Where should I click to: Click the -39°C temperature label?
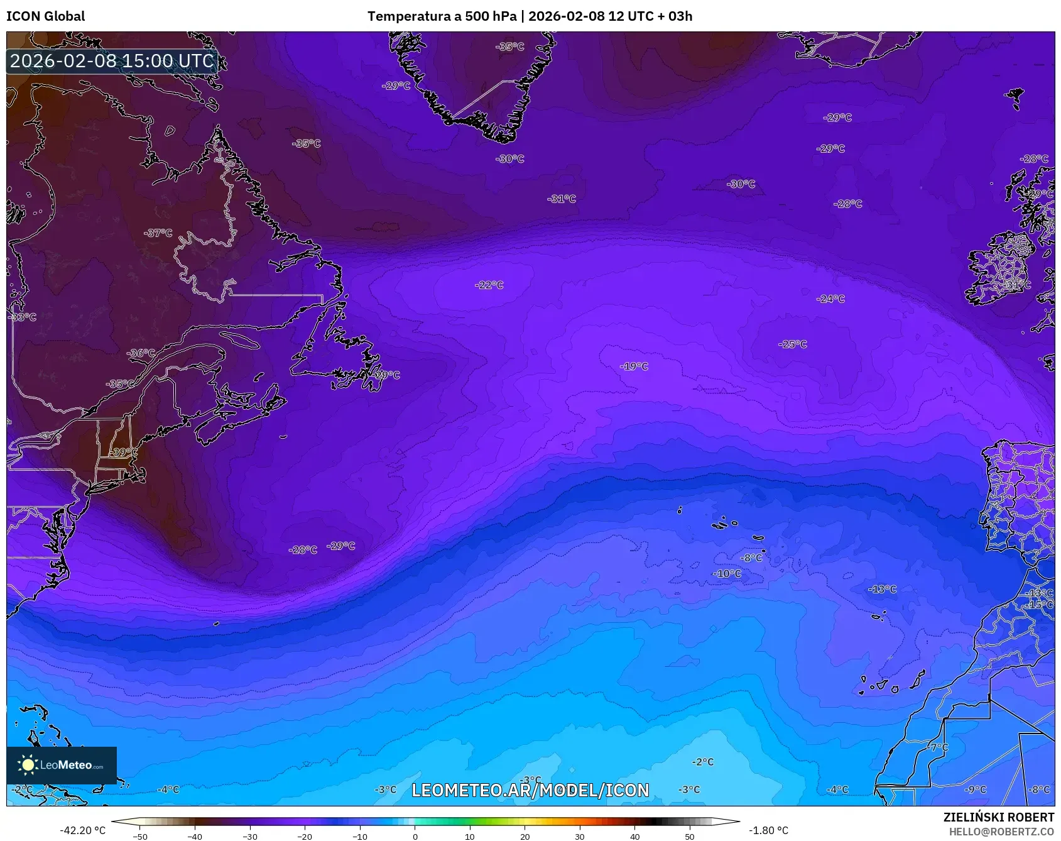123,452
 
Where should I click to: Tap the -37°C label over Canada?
158,233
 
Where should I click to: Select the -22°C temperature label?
489,285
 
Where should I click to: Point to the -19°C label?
634,366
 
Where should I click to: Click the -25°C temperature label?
793,344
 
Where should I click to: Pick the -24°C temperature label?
830,299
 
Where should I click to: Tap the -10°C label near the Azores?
727,573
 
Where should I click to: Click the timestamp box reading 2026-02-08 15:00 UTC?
112,61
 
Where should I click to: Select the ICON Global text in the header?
46,16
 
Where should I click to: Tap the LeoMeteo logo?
62,765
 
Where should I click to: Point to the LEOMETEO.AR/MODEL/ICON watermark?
530,790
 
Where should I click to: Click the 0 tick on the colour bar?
415,837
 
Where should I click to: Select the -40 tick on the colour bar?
195,837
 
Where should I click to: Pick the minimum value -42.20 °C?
83,830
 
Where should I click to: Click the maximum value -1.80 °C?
768,830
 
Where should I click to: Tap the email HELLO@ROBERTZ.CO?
1001,832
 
